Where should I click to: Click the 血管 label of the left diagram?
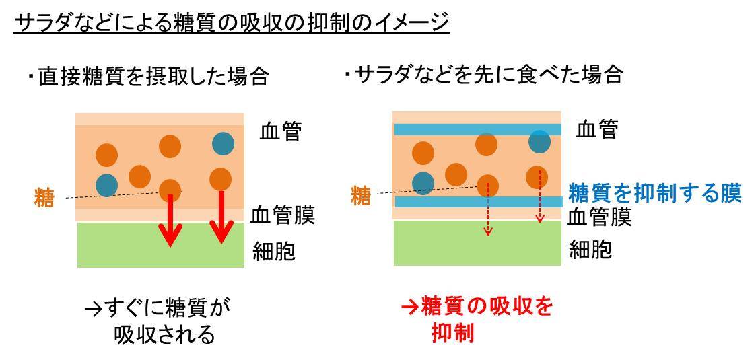(280, 132)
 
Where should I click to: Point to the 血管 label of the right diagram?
(597, 130)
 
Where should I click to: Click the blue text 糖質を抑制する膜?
(654, 194)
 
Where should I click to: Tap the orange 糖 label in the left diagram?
(44, 198)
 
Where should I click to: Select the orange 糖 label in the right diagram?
(361, 196)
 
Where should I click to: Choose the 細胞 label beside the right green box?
(590, 250)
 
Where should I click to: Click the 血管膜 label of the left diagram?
(283, 216)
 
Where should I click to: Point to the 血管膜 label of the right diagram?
(599, 217)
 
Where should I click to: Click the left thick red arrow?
(170, 220)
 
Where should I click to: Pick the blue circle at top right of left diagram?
(223, 143)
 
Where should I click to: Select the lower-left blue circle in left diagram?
(106, 184)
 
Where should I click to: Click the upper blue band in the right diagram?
(477, 129)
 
